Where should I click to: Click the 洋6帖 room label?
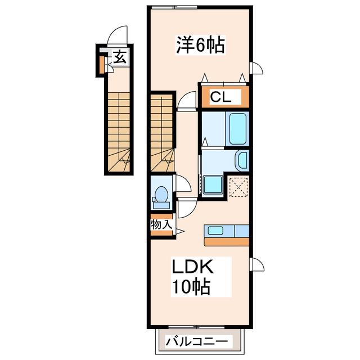[x=200, y=45]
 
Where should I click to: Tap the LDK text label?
[x=193, y=267]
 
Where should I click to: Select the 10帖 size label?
[x=191, y=286]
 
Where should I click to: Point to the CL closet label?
[x=220, y=97]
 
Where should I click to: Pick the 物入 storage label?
[x=161, y=224]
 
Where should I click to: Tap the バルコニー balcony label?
[x=197, y=342]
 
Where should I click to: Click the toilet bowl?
[x=161, y=194]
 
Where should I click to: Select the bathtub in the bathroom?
[x=237, y=129]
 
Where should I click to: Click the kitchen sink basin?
[x=215, y=230]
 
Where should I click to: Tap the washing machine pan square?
[x=213, y=184]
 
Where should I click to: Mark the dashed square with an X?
[x=239, y=187]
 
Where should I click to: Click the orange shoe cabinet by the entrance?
[x=101, y=65]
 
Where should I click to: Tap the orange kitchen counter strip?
[x=227, y=242]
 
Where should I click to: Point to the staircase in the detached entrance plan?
[x=119, y=132]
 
